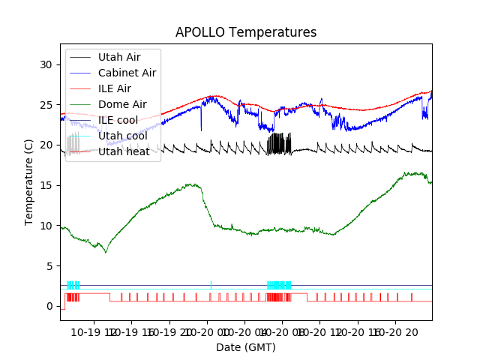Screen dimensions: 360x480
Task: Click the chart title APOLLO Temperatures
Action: click(x=246, y=32)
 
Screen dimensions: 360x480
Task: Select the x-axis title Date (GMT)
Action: click(x=246, y=347)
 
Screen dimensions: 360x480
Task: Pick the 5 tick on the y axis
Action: click(x=52, y=266)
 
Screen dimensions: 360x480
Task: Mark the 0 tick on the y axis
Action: click(x=52, y=306)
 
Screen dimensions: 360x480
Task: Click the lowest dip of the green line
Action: click(x=106, y=252)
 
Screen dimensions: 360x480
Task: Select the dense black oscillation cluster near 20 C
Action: click(x=279, y=144)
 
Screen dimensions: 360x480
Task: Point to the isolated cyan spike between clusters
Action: click(x=211, y=283)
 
